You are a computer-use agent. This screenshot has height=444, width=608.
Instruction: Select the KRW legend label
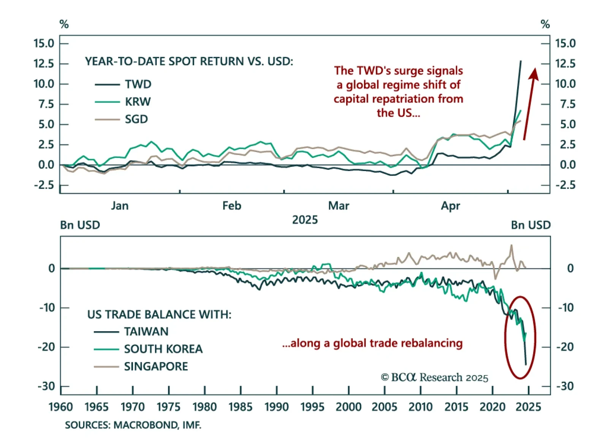click(x=138, y=102)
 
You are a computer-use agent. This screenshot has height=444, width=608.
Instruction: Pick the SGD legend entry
click(x=136, y=119)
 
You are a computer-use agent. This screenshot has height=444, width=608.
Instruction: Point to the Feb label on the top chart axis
click(x=232, y=206)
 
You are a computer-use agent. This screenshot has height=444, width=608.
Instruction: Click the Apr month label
click(x=450, y=206)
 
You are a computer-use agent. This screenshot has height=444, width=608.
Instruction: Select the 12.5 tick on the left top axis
click(x=44, y=63)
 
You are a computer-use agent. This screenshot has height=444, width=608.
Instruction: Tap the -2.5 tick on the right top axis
click(x=565, y=185)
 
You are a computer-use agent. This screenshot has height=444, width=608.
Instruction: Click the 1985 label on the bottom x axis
click(x=240, y=407)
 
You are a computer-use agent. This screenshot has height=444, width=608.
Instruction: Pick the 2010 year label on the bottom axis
click(x=420, y=407)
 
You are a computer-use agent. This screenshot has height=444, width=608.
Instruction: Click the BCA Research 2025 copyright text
click(x=434, y=378)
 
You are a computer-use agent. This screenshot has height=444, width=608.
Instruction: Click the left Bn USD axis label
click(x=80, y=225)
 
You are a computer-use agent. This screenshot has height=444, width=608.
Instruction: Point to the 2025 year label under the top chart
click(x=305, y=220)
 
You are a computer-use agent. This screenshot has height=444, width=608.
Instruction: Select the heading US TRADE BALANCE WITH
click(x=159, y=314)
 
